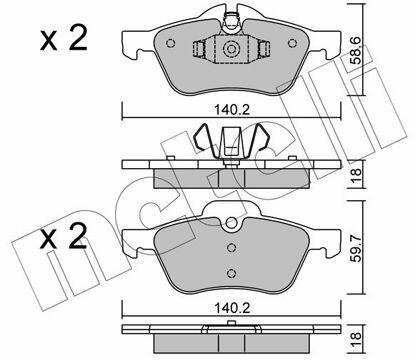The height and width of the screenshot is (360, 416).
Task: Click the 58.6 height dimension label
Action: coord(357,50)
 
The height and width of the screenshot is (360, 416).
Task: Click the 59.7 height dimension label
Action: coord(357,248)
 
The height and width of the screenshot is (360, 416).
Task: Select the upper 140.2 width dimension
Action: coord(232,110)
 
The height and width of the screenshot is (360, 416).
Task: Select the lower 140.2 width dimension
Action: coord(232,308)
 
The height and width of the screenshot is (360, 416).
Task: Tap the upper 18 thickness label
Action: coord(357,173)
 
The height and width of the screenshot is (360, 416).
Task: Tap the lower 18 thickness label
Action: coord(357,338)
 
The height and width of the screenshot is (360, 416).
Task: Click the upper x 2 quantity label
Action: coord(63,38)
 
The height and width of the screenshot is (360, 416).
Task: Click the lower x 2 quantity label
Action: coord(63,237)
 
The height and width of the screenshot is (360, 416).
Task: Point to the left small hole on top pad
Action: coord(170,43)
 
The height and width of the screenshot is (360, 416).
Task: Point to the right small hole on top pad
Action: coord(292,43)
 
